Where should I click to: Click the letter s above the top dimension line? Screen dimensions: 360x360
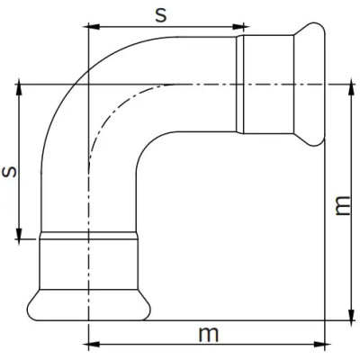tap(161, 15)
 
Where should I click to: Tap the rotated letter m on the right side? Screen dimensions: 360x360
tap(342, 206)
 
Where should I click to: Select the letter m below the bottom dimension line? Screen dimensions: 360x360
tap(209, 334)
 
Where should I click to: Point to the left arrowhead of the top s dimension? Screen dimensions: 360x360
tap(93, 27)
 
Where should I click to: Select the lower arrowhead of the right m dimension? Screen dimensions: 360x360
tap(351, 314)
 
